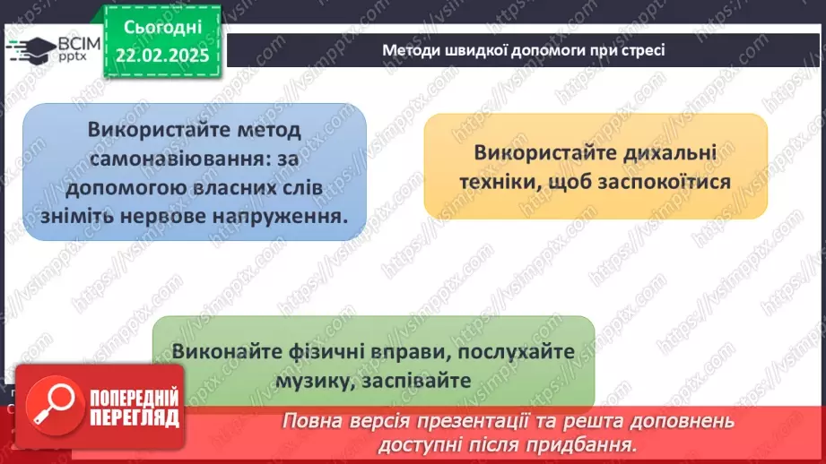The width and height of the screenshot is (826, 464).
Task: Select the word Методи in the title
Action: click(x=409, y=50)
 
